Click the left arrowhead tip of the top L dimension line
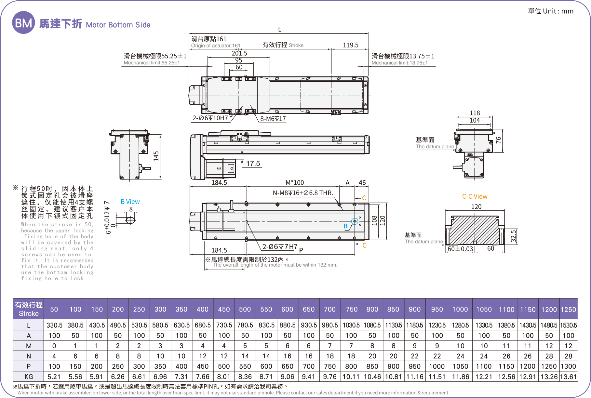(x=189, y=33)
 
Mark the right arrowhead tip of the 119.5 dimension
(x=368, y=49)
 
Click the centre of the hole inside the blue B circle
(x=355, y=221)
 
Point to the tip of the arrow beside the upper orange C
(x=355, y=198)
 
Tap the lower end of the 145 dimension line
(x=161, y=179)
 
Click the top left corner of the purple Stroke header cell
(x=13, y=298)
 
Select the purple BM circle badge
(x=23, y=23)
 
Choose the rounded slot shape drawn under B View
(x=130, y=220)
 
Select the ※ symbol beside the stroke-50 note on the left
(x=15, y=188)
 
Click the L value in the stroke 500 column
(x=245, y=325)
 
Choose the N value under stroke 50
(x=54, y=356)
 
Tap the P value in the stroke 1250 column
(x=568, y=366)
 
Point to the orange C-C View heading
(x=475, y=196)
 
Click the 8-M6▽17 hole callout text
(x=273, y=119)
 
